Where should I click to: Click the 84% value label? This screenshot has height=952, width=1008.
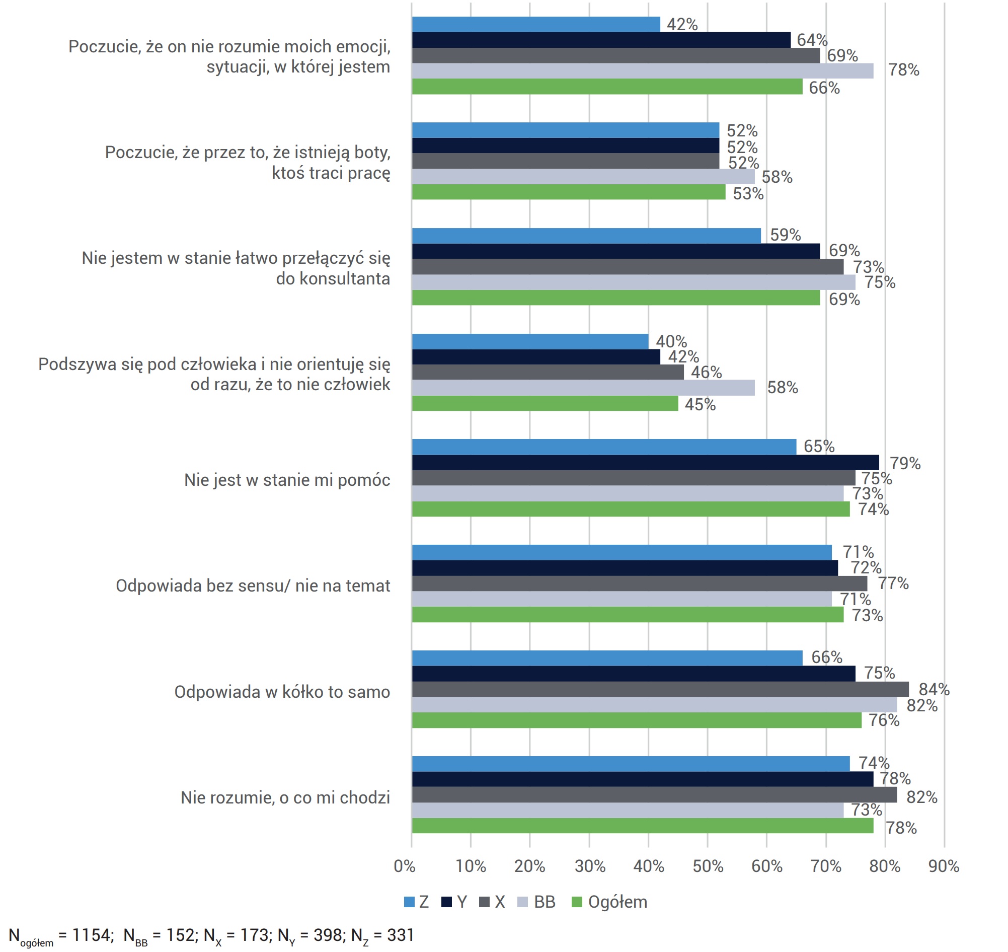934,689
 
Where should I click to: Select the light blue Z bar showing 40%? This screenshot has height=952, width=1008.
530,341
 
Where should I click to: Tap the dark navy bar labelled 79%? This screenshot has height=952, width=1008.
645,462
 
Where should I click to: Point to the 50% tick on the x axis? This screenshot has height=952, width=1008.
708,866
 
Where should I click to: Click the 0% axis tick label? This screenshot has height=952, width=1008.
405,866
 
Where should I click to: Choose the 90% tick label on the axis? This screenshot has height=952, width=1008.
944,866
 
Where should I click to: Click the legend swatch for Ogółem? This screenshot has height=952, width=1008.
577,902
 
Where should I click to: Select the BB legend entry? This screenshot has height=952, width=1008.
537,902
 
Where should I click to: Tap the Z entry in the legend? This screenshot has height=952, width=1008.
417,902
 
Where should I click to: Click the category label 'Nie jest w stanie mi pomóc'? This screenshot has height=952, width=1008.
287,480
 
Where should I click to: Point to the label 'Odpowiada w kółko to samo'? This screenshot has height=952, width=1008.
282,692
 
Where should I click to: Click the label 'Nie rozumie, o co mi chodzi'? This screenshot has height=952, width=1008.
286,798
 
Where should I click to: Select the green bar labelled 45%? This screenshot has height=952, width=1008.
545,403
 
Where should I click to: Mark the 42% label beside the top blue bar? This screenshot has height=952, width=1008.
682,24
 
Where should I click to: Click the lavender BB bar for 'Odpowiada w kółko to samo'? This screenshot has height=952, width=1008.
654,705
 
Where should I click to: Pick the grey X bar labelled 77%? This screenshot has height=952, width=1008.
640,583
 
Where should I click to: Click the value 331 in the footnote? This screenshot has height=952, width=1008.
400,935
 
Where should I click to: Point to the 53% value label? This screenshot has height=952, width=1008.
748,193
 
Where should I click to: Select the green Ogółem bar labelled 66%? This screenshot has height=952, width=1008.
607,86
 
